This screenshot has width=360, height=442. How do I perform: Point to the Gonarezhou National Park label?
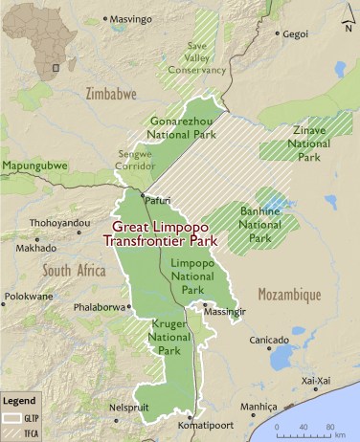(185, 128)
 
